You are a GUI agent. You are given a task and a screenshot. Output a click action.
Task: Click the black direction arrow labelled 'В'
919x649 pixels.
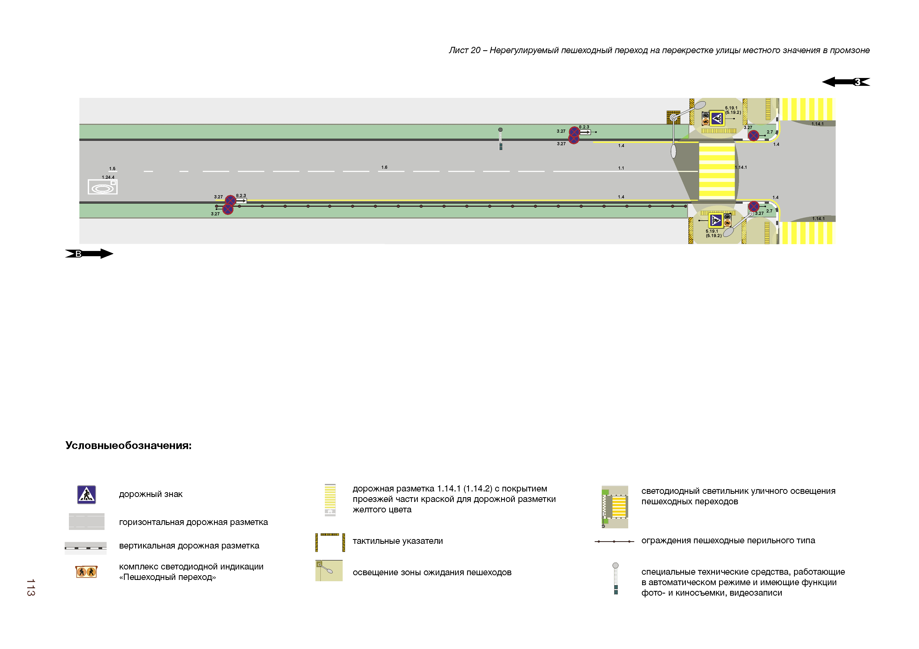point(89,254)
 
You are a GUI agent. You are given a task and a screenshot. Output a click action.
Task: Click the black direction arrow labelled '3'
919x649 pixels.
point(845,82)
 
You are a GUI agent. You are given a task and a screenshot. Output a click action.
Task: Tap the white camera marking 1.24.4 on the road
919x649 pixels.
point(102,187)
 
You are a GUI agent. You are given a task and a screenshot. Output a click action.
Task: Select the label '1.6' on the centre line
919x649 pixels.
point(384,167)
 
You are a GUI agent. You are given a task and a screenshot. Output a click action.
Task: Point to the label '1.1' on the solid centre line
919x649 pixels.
point(621,168)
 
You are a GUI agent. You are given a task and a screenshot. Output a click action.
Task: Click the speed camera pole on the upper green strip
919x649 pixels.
point(500,139)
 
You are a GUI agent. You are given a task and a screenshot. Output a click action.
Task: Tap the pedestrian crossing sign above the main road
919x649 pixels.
point(716,118)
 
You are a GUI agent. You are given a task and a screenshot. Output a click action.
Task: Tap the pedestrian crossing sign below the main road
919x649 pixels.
point(715,220)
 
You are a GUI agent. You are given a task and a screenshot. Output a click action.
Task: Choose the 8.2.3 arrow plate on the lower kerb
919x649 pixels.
point(241,201)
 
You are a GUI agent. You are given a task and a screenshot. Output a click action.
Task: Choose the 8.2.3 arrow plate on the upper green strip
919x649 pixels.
point(585,132)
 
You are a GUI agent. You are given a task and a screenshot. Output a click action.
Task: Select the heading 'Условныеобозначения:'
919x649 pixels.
point(128,445)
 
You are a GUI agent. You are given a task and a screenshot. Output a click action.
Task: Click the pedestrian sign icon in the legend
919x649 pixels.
point(86,495)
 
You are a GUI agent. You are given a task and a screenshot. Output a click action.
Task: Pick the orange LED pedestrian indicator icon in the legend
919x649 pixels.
point(86,572)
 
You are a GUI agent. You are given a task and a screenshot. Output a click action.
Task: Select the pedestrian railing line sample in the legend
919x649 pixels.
point(614,541)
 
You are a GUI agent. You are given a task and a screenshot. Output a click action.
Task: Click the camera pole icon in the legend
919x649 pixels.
point(616,578)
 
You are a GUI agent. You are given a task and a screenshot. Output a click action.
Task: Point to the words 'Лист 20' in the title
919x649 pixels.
point(464,51)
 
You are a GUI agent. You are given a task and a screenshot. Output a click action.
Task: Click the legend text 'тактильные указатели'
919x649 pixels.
point(397,541)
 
